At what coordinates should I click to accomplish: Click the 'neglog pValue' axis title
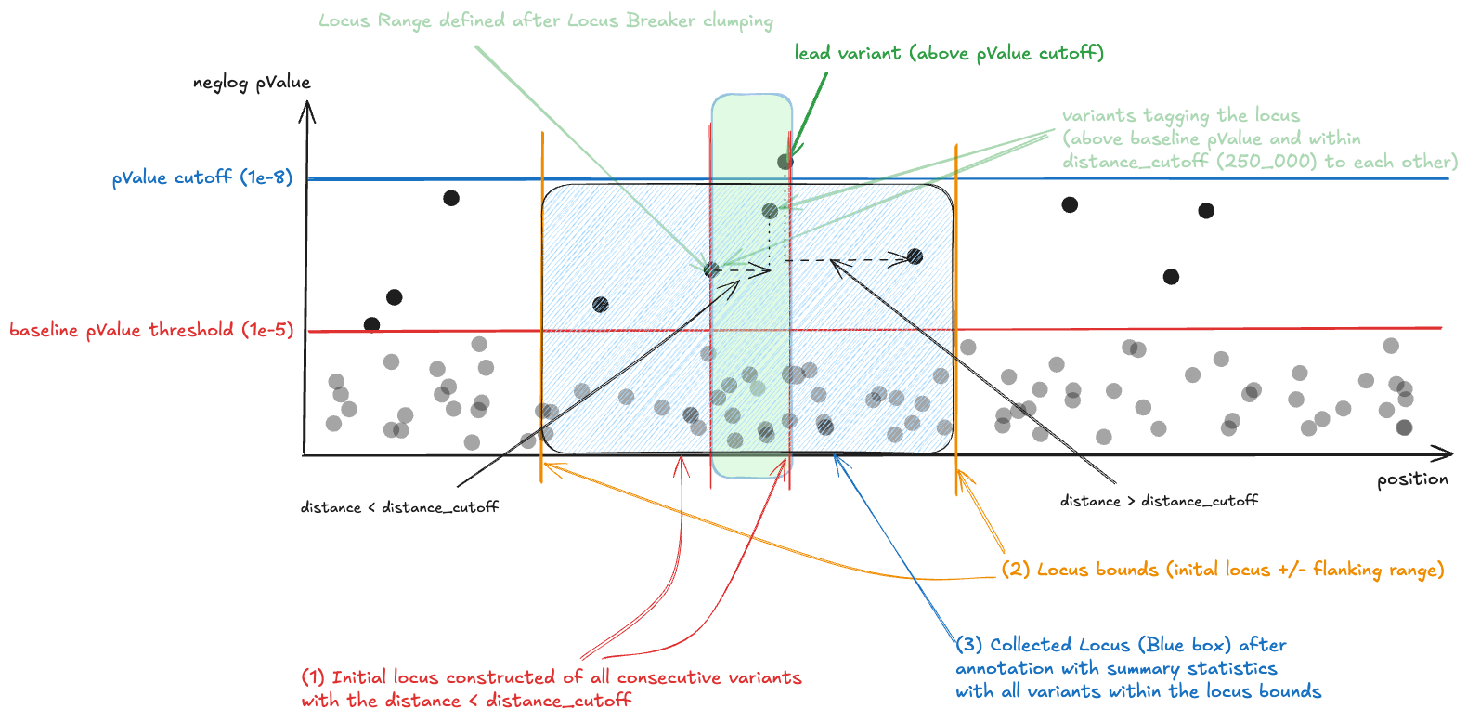click(252, 83)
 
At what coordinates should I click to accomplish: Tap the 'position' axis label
click(1411, 479)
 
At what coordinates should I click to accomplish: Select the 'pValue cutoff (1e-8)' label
click(202, 177)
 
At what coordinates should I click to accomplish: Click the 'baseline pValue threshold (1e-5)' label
click(151, 330)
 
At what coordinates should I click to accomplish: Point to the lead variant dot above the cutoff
click(785, 162)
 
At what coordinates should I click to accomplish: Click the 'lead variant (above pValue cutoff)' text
click(948, 53)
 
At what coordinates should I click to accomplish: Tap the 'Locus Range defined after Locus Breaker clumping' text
click(545, 20)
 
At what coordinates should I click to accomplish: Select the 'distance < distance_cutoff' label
click(399, 507)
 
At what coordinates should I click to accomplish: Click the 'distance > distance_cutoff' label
click(1159, 501)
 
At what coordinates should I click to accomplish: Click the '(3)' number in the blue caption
click(969, 645)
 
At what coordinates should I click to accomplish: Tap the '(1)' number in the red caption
click(313, 677)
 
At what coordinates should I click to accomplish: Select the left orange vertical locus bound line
click(542, 307)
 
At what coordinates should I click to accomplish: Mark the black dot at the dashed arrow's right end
click(915, 256)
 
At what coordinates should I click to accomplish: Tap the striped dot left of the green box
click(601, 304)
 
